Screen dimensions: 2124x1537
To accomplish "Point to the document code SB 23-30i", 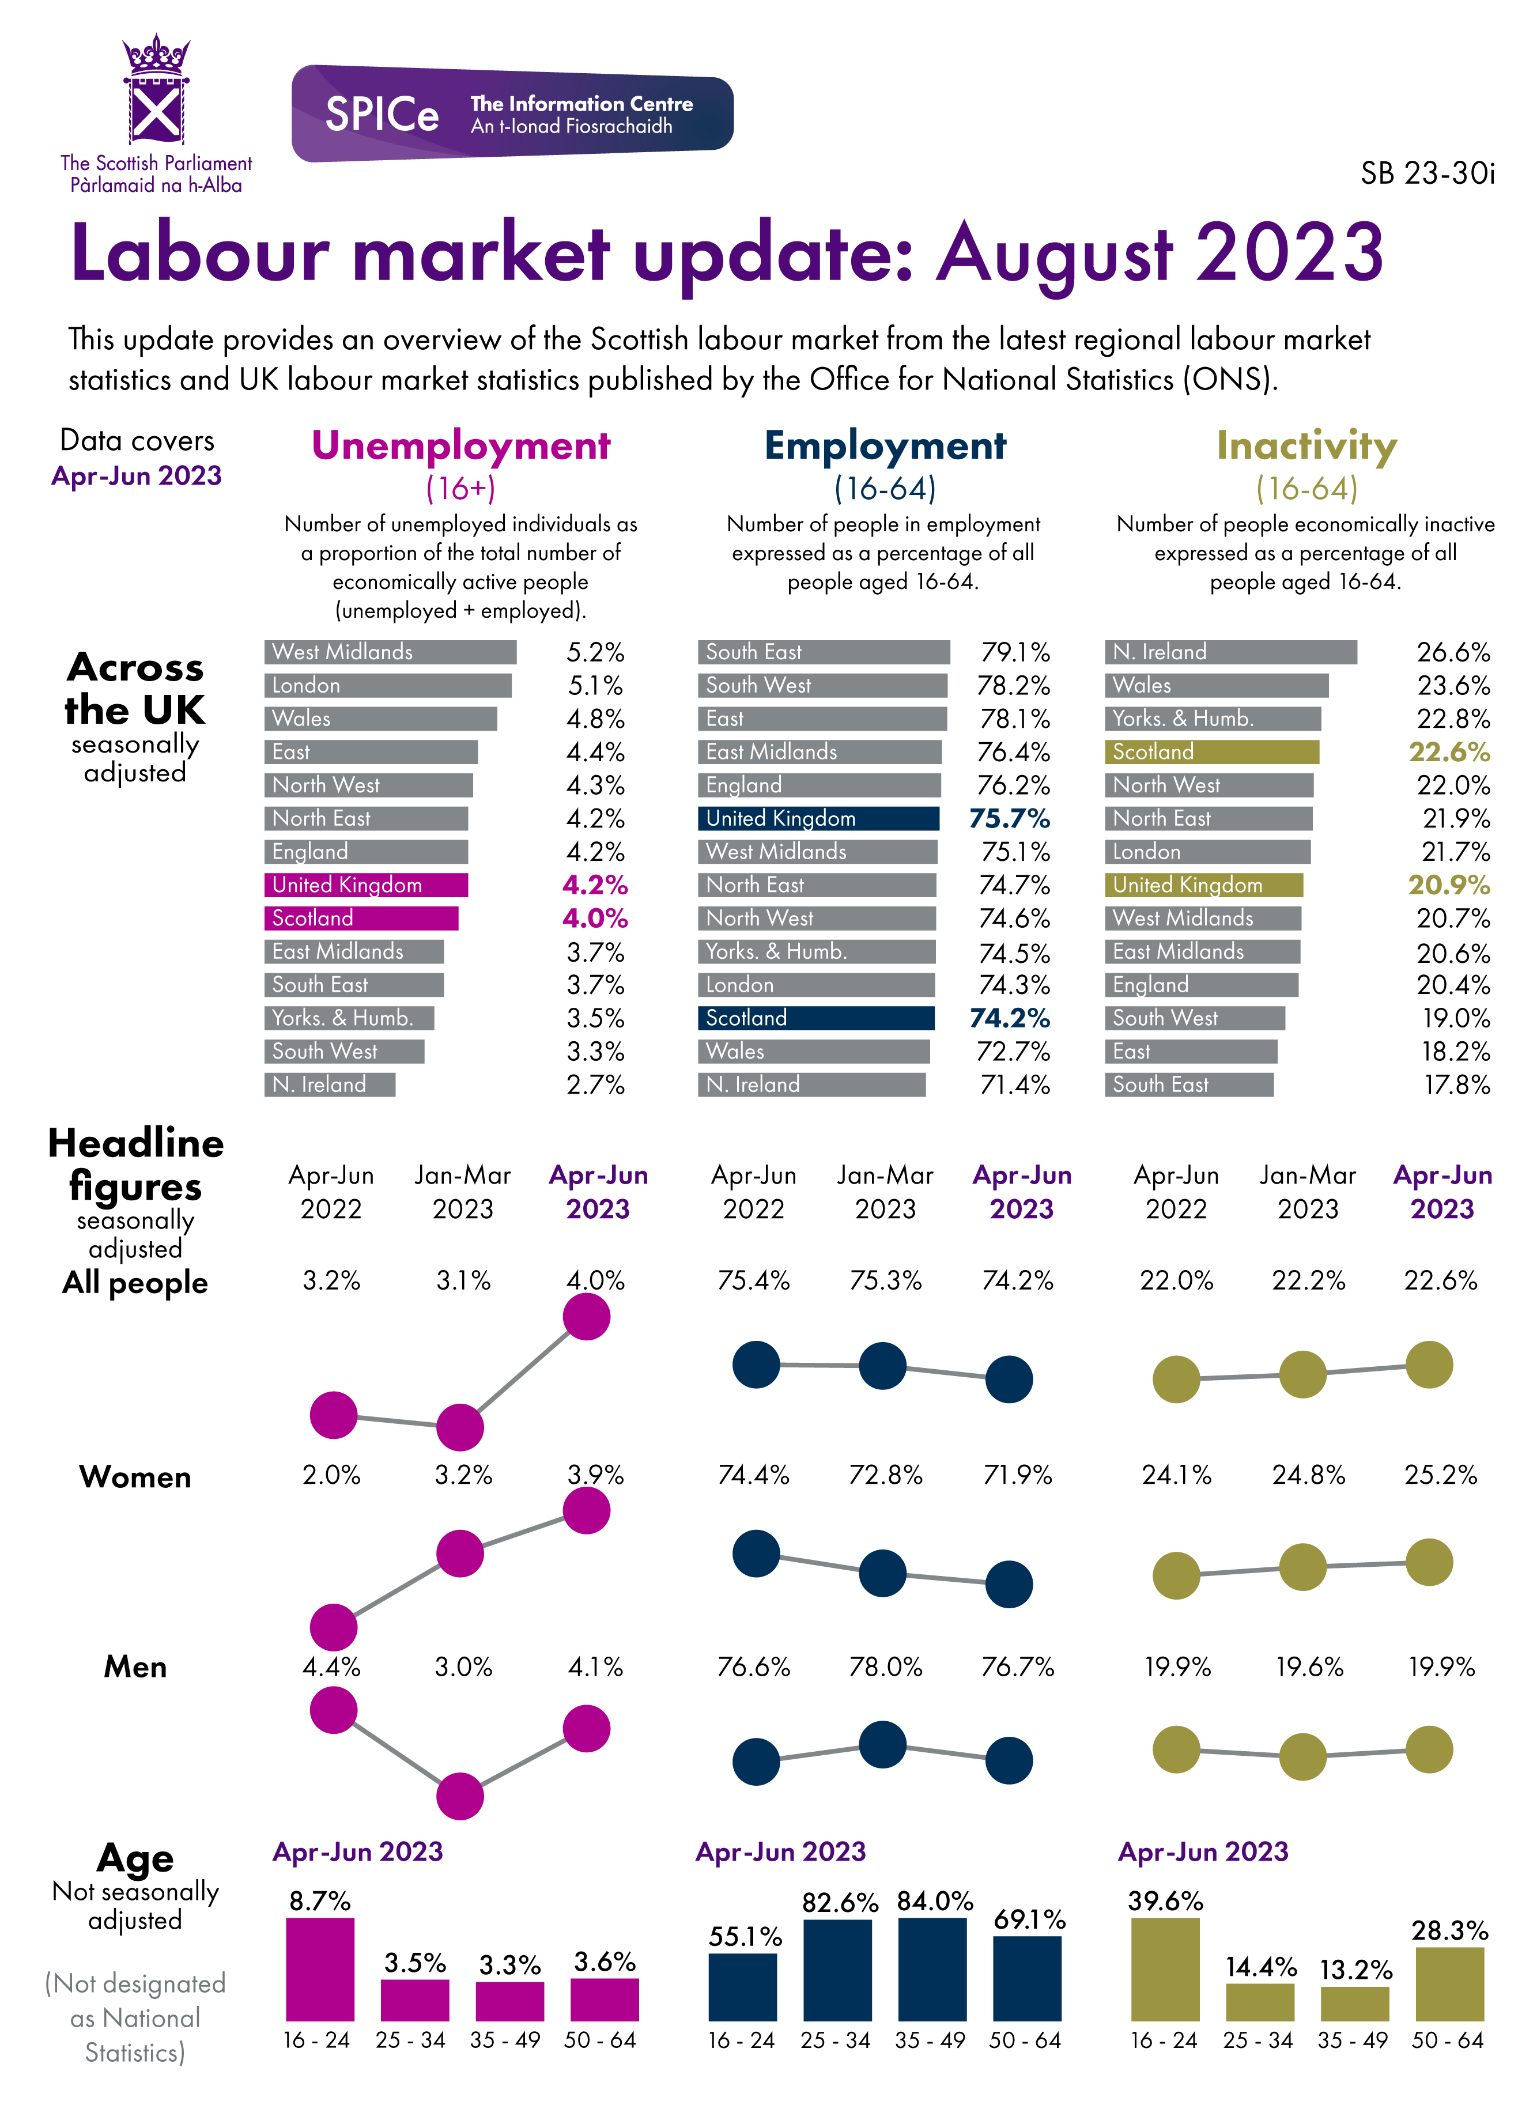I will [1426, 174].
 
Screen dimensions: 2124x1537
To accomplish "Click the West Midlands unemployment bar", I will [390, 652].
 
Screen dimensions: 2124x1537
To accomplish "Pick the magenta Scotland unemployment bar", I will [361, 918].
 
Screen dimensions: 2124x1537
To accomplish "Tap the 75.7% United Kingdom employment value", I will [1009, 818].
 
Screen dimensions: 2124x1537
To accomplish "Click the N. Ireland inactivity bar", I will [1230, 652].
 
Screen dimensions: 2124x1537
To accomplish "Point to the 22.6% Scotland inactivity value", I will [1449, 752].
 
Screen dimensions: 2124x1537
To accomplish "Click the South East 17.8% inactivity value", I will [1456, 1084].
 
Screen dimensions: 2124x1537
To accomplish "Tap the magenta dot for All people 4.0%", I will [586, 1317].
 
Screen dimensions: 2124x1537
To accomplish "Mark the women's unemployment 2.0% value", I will [331, 1475].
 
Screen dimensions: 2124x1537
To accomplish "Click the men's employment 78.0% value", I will [885, 1667].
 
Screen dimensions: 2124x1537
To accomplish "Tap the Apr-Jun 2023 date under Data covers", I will [137, 476].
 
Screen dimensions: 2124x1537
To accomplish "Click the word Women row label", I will [136, 1477].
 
